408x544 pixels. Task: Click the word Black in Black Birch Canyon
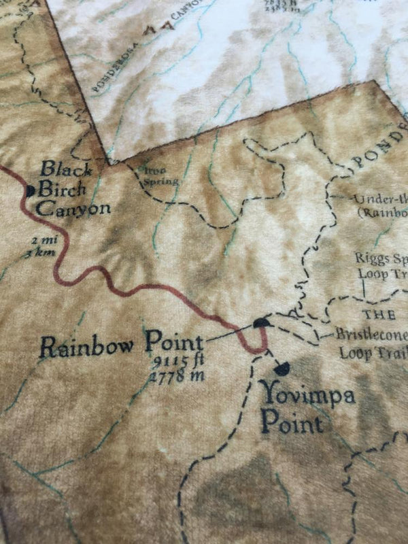coord(58,169)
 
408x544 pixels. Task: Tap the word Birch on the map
coord(62,188)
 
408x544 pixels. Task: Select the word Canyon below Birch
coord(73,207)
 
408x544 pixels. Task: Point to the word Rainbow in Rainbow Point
coord(91,345)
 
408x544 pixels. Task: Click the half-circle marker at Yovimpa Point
coord(282,369)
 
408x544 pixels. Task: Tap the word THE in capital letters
coord(379,315)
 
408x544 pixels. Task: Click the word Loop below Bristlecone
coord(354,354)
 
